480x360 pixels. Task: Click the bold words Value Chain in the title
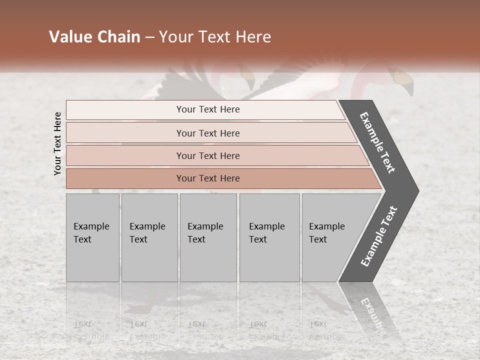pyautogui.click(x=94, y=37)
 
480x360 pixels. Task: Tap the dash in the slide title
pyautogui.click(x=149, y=37)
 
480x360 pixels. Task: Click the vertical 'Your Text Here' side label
pyautogui.click(x=57, y=143)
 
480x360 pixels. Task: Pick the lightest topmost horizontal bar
pyautogui.click(x=208, y=109)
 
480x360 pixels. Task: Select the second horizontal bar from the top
pyautogui.click(x=208, y=133)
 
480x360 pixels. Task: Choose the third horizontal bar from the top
pyautogui.click(x=208, y=155)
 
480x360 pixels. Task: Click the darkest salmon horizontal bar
pyautogui.click(x=208, y=178)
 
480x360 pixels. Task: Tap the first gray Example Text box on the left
pyautogui.click(x=92, y=237)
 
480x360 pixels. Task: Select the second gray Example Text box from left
pyautogui.click(x=149, y=237)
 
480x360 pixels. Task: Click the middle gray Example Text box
pyautogui.click(x=208, y=237)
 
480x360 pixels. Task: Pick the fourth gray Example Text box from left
pyautogui.click(x=269, y=237)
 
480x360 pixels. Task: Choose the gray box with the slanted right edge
pyautogui.click(x=330, y=237)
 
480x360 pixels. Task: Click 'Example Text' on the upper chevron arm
pyautogui.click(x=378, y=142)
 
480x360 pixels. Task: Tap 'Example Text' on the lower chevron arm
pyautogui.click(x=379, y=236)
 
